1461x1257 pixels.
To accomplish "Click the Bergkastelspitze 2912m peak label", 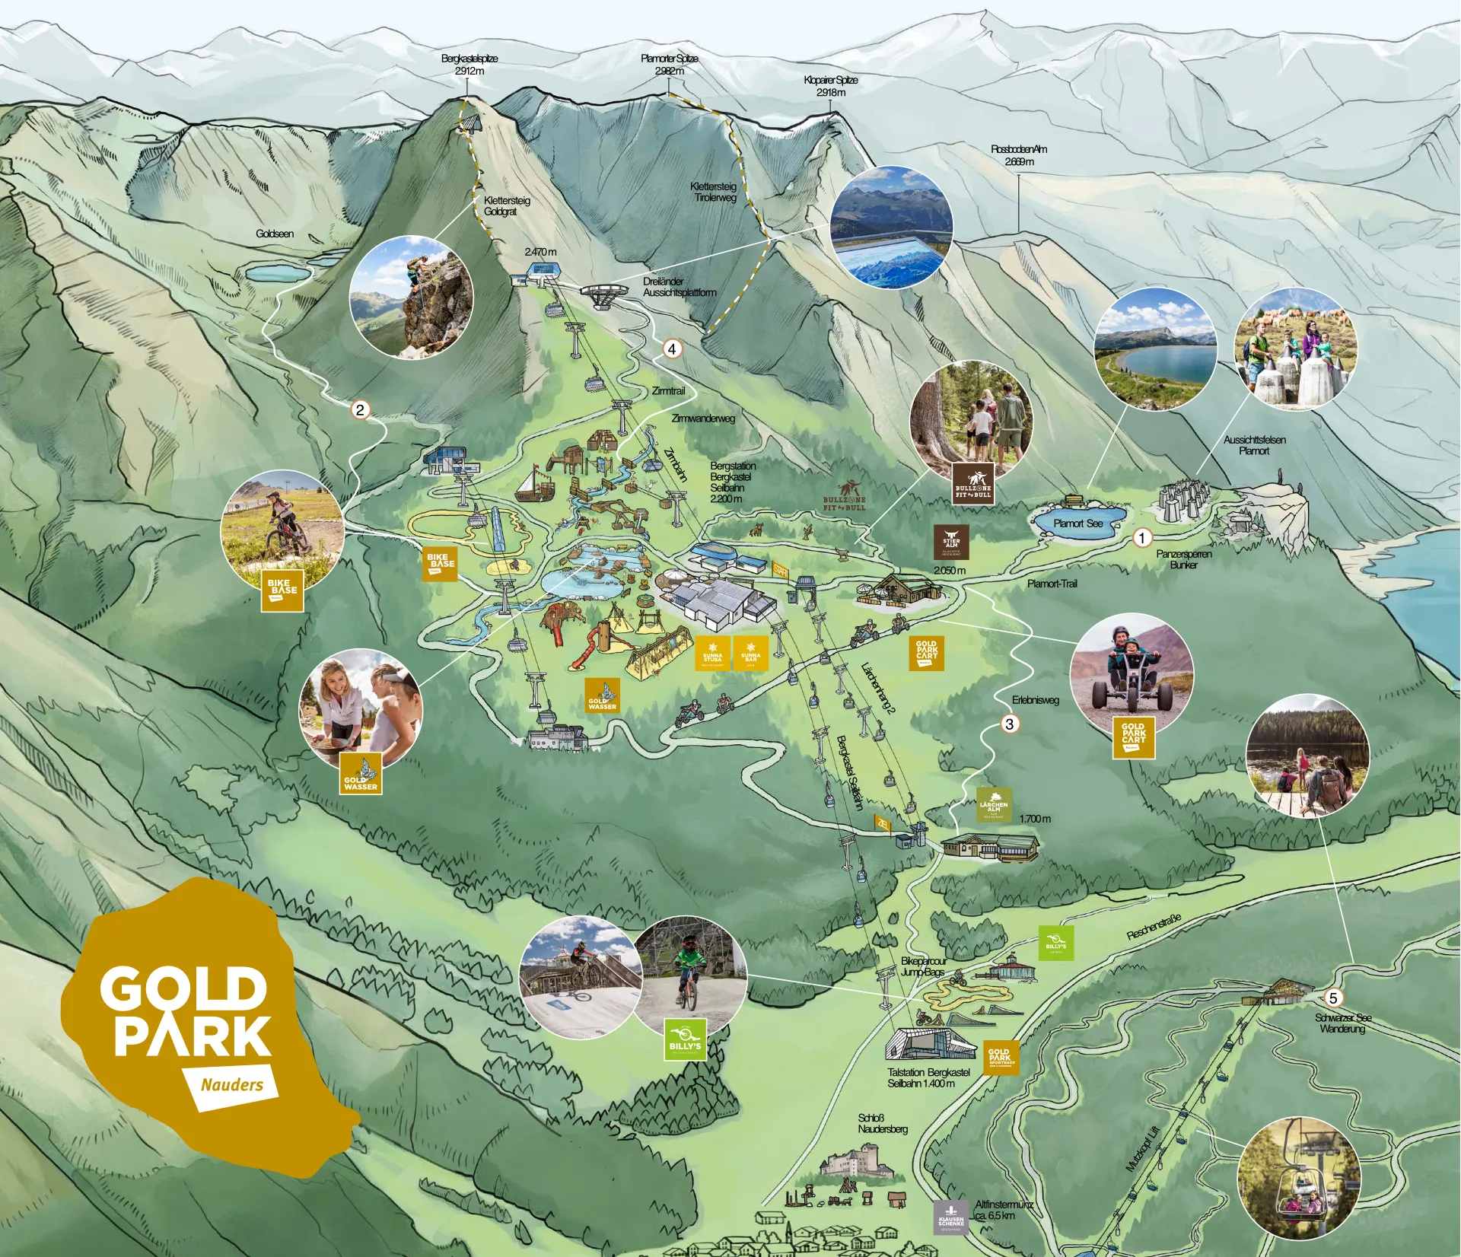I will click(469, 65).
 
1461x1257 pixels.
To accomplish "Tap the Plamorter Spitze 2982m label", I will click(669, 65).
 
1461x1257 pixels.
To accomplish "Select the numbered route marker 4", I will click(672, 349).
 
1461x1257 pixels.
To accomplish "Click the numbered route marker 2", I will click(360, 410).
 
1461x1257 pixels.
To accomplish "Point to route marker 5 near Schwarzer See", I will click(1332, 998).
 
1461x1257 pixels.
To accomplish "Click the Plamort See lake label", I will click(1077, 523).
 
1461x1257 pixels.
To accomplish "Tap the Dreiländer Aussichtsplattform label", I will click(679, 287).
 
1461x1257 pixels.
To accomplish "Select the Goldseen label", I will click(275, 234).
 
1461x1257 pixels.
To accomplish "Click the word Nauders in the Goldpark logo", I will click(231, 1084).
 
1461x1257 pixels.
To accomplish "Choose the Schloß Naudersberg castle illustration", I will click(856, 1165).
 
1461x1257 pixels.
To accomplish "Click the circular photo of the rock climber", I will click(411, 297).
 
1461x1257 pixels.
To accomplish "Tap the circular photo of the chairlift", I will click(1298, 1179).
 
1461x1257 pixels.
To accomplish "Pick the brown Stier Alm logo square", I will click(951, 542).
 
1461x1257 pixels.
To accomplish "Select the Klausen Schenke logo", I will click(951, 1217).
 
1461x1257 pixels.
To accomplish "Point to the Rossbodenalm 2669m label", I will click(1018, 155).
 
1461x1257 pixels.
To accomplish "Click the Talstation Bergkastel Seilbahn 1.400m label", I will click(928, 1077).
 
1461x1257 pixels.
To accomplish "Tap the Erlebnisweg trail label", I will click(1035, 700).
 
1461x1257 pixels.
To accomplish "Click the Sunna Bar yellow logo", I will click(750, 654).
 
